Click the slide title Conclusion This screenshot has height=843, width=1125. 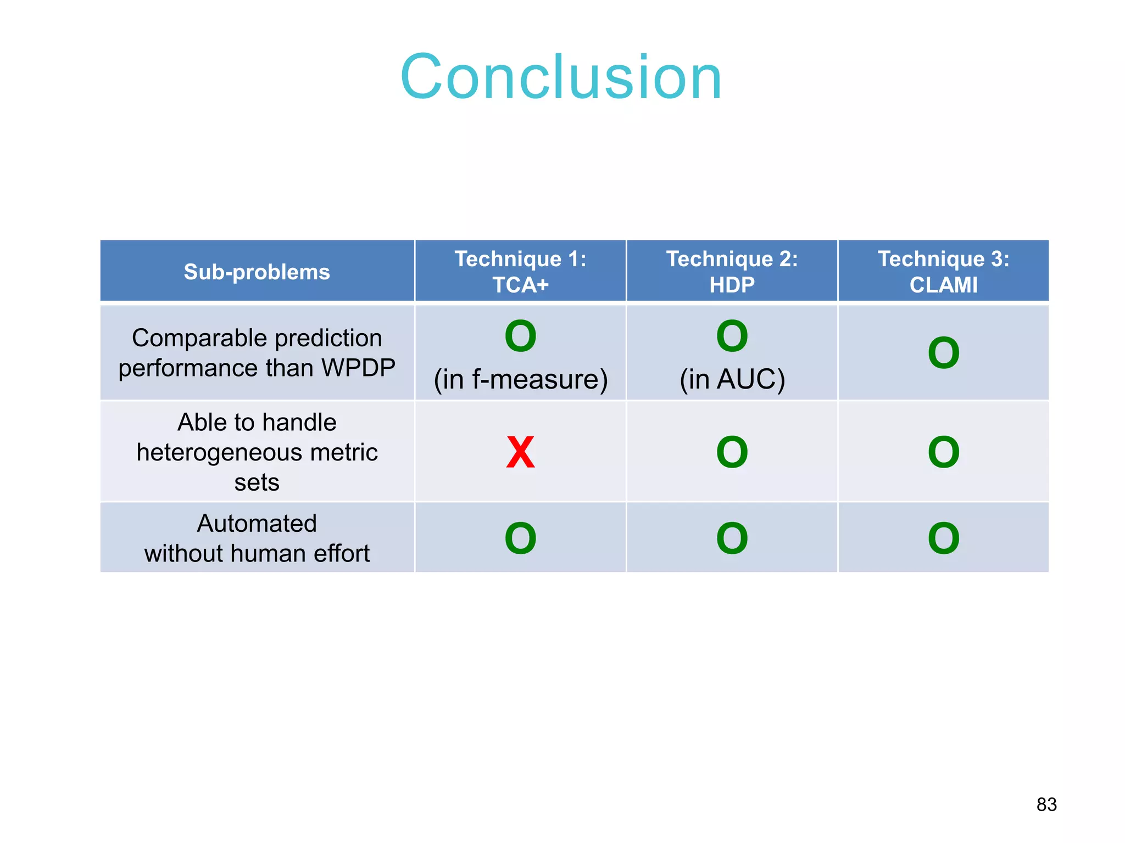(x=561, y=77)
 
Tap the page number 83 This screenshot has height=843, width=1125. (x=1046, y=804)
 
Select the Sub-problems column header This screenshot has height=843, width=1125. (x=257, y=272)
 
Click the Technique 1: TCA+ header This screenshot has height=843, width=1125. (x=520, y=272)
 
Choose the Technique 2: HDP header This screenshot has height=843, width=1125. (x=732, y=272)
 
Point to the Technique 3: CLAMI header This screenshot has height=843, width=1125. (x=943, y=272)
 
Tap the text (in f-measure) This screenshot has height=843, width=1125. (x=520, y=379)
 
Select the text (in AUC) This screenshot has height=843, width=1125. (x=732, y=379)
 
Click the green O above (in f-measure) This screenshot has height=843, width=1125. (x=520, y=336)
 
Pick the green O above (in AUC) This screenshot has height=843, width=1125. (x=732, y=336)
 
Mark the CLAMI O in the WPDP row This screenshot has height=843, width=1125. (x=943, y=353)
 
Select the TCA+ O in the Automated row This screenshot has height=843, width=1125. (x=520, y=538)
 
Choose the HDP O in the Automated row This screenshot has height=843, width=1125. (x=732, y=538)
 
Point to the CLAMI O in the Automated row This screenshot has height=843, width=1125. (x=943, y=538)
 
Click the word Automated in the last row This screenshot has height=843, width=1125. (x=257, y=524)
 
